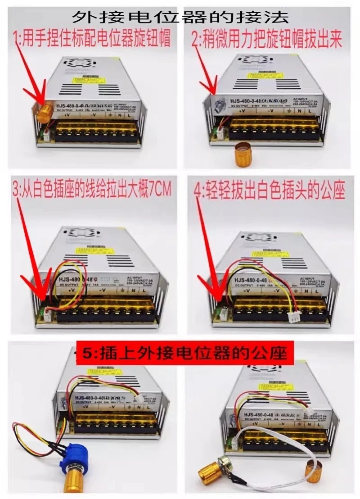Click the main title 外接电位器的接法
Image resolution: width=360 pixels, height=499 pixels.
coord(180,17)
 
